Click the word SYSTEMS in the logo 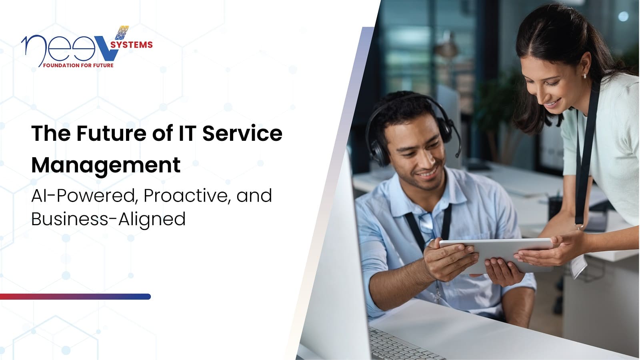click(132, 45)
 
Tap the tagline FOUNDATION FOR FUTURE click(78, 65)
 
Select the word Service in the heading click(242, 133)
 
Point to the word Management click(106, 165)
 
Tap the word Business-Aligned click(108, 219)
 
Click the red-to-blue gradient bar click(75, 297)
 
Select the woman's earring click(584, 75)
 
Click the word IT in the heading click(186, 133)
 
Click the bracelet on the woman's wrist click(578, 228)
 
